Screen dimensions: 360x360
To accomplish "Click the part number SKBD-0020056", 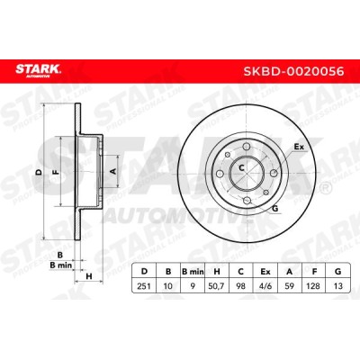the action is (x=293, y=71).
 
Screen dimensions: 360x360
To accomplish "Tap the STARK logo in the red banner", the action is (x=38, y=71).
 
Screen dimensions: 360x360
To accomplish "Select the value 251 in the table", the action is (x=144, y=286).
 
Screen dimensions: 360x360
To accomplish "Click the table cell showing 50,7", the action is (x=216, y=286).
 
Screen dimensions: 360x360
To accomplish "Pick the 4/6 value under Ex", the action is (x=265, y=286).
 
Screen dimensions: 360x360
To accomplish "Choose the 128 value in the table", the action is (x=313, y=286).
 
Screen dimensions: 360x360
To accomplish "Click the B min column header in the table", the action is (x=193, y=272).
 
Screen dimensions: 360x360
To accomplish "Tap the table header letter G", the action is (x=337, y=272).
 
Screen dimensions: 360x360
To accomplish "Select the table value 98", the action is (x=240, y=286).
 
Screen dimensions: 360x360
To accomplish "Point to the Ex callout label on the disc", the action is (x=299, y=147).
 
